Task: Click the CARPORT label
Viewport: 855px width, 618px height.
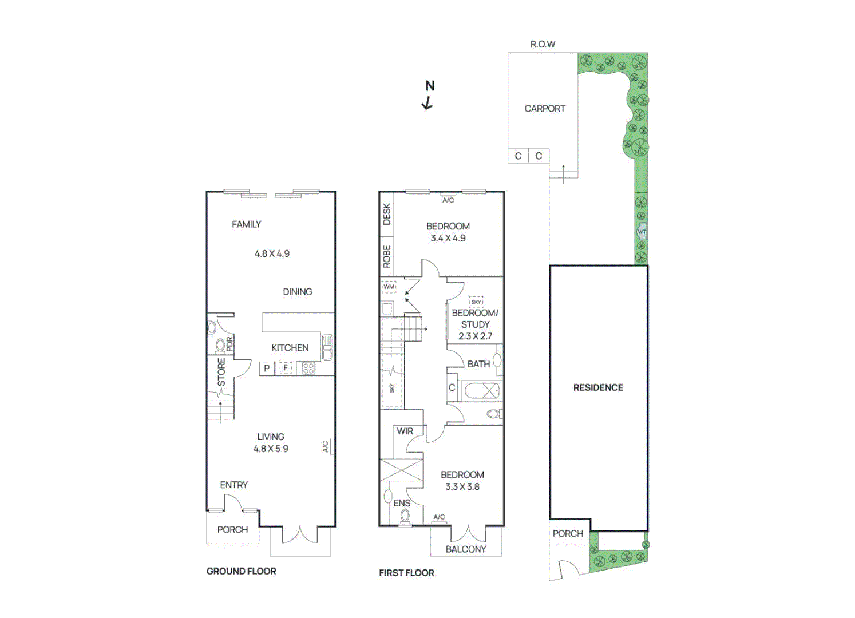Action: pos(544,108)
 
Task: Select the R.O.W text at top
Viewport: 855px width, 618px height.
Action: pos(542,44)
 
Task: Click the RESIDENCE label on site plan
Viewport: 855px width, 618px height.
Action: pos(598,387)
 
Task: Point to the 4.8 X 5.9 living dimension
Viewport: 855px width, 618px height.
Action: pos(271,449)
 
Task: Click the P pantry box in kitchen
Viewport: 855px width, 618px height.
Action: pos(267,369)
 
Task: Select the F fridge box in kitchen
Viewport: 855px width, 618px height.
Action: pos(285,368)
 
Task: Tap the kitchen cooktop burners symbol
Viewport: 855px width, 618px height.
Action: pos(308,368)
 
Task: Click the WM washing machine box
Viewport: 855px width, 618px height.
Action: pos(389,287)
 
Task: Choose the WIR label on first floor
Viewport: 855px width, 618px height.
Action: pos(405,431)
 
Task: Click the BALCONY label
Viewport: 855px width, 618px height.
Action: pos(466,549)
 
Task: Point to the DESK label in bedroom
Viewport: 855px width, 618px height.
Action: pos(387,214)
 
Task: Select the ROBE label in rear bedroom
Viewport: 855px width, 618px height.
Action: pos(387,256)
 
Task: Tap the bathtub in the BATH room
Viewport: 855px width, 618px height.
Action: pos(481,391)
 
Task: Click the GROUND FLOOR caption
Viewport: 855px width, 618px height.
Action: pos(241,571)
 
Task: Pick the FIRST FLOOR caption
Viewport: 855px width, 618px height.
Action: pos(406,572)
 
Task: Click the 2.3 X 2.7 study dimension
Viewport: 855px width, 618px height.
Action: pos(474,336)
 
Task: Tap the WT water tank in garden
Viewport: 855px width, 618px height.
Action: pos(642,232)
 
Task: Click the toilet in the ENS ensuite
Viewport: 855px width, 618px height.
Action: pos(405,516)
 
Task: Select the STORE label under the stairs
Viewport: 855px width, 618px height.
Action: pos(221,372)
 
